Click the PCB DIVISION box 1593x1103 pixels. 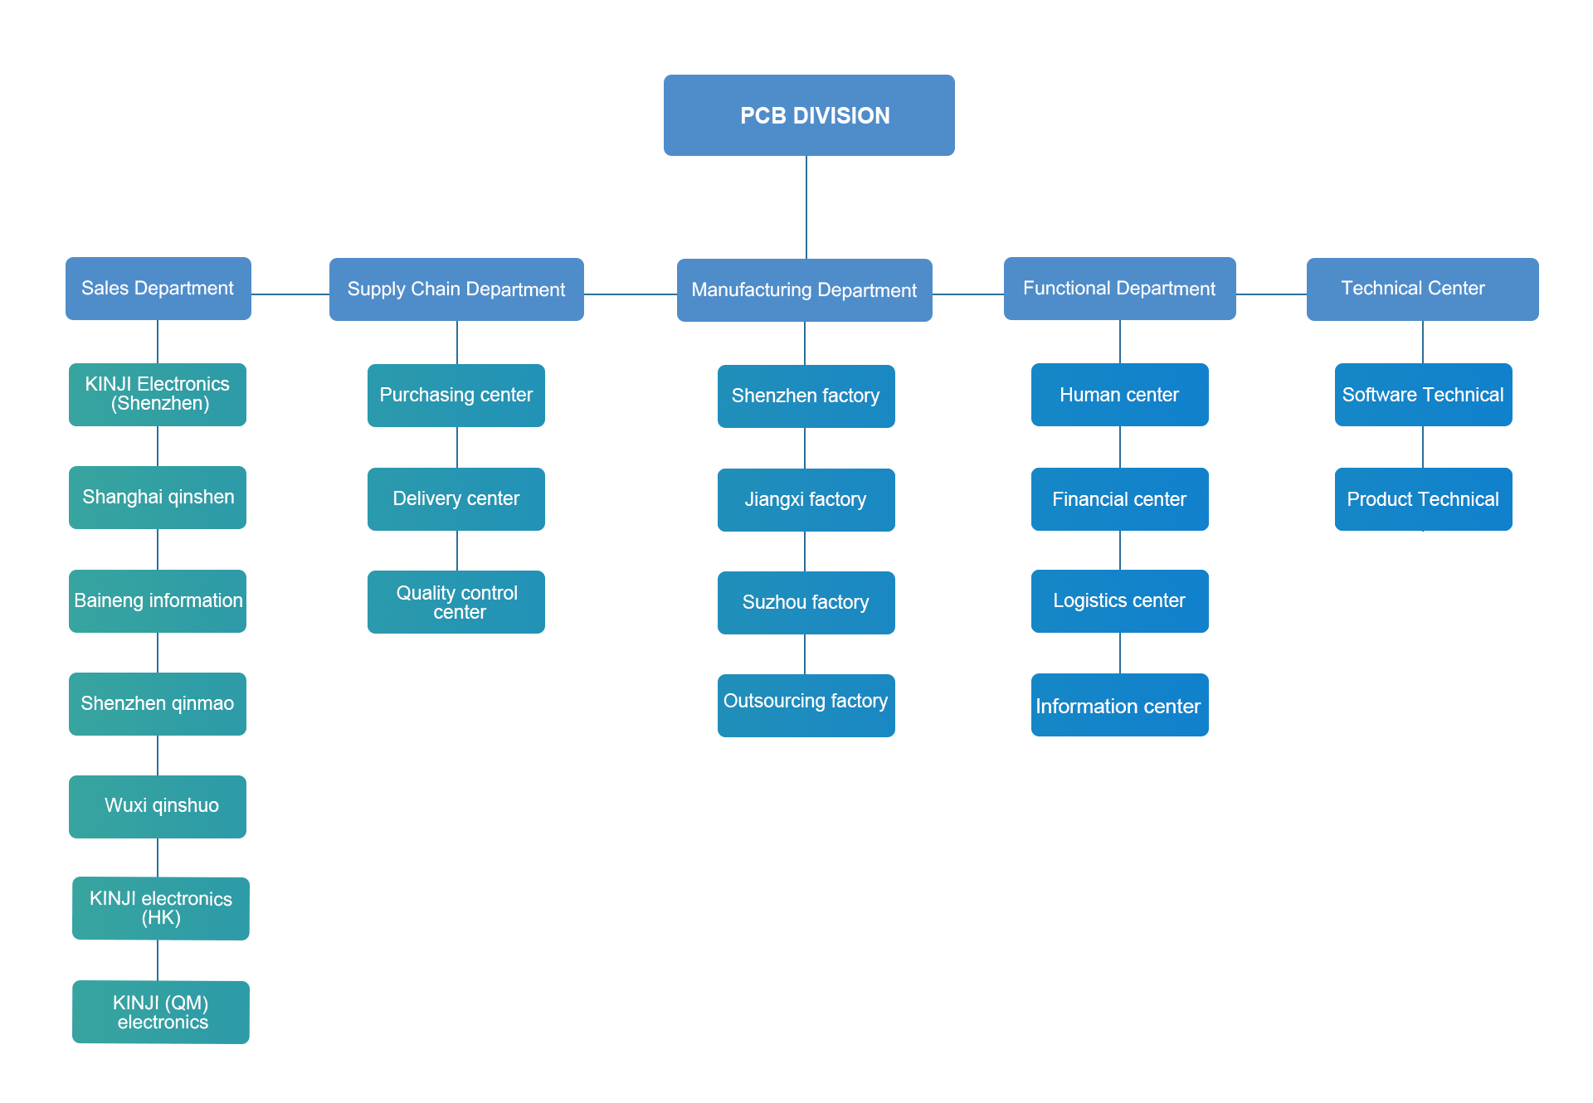[809, 115]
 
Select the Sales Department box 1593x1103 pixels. [158, 289]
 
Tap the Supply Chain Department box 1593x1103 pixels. [456, 289]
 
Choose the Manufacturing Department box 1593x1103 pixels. [805, 290]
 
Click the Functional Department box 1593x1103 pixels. [1120, 289]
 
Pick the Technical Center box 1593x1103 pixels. [1423, 289]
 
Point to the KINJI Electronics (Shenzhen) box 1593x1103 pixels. [158, 395]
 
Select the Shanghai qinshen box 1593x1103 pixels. [158, 498]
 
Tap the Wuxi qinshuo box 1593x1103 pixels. [158, 807]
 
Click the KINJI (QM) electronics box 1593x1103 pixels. [161, 1013]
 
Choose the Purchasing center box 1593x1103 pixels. [456, 396]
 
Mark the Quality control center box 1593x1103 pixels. [456, 602]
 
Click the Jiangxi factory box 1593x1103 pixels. [806, 500]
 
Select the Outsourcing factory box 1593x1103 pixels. [806, 706]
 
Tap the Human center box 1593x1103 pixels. [1120, 395]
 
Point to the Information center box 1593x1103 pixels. [1120, 705]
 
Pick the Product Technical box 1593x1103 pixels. [1424, 499]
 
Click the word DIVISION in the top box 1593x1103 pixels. [841, 115]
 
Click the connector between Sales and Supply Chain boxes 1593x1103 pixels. [290, 294]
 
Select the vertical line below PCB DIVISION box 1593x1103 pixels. [806, 207]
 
